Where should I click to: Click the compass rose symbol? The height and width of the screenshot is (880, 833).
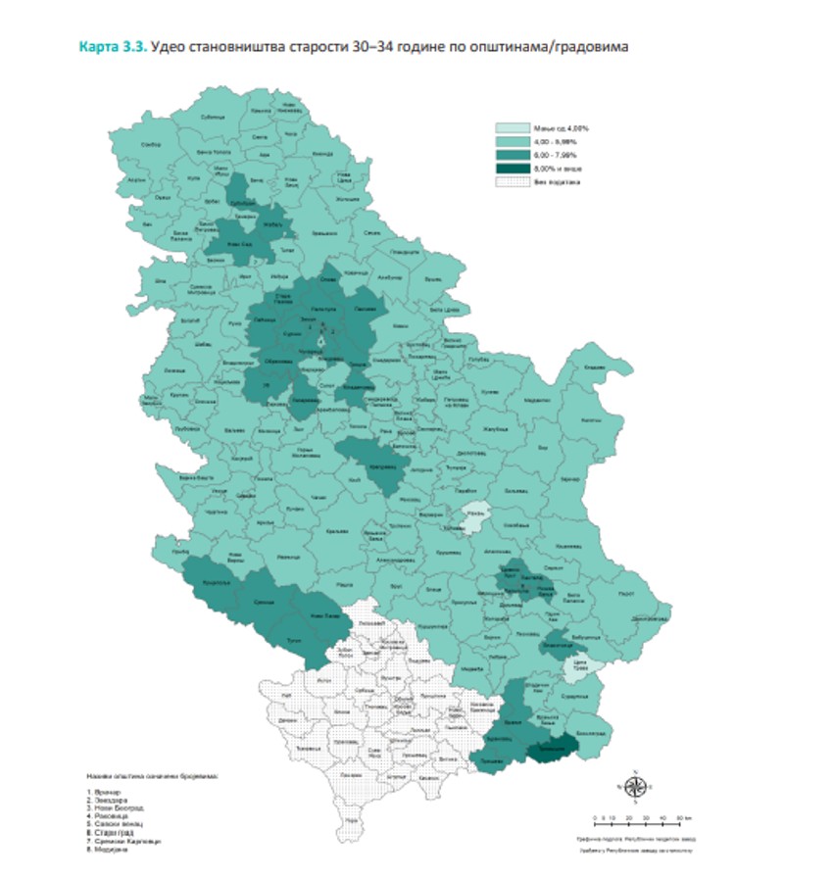[632, 784]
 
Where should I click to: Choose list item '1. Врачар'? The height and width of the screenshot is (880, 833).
[102, 790]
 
